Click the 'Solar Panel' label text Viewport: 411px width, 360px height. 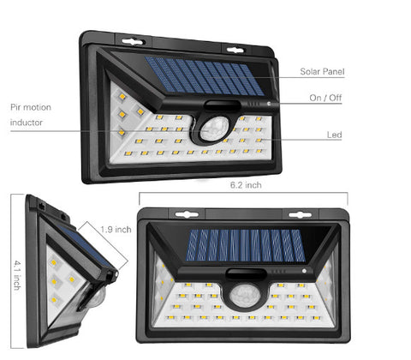321,72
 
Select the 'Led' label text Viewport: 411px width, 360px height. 335,135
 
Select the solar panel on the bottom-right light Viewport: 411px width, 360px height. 247,246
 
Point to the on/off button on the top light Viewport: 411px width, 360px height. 267,104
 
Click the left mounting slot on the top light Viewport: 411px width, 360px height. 132,40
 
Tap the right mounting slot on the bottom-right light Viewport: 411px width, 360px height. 300,213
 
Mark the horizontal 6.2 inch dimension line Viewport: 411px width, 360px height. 247,195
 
